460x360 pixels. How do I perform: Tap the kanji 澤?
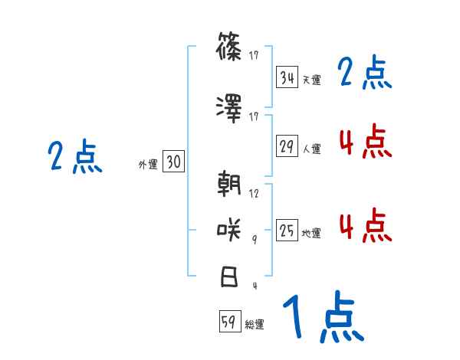point(229,110)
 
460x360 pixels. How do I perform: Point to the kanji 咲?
point(229,230)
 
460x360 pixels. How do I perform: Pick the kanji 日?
point(229,277)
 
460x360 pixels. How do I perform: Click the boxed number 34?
point(287,78)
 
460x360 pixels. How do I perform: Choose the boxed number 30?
point(173,162)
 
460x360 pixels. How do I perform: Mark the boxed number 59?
point(228,322)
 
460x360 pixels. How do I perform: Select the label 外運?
point(147,165)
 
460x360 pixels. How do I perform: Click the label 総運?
point(254,325)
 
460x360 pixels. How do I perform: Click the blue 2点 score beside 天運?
point(364,74)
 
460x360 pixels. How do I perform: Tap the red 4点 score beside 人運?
point(364,142)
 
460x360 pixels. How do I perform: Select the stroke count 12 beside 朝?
point(255,194)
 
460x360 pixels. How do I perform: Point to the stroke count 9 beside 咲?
point(255,238)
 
